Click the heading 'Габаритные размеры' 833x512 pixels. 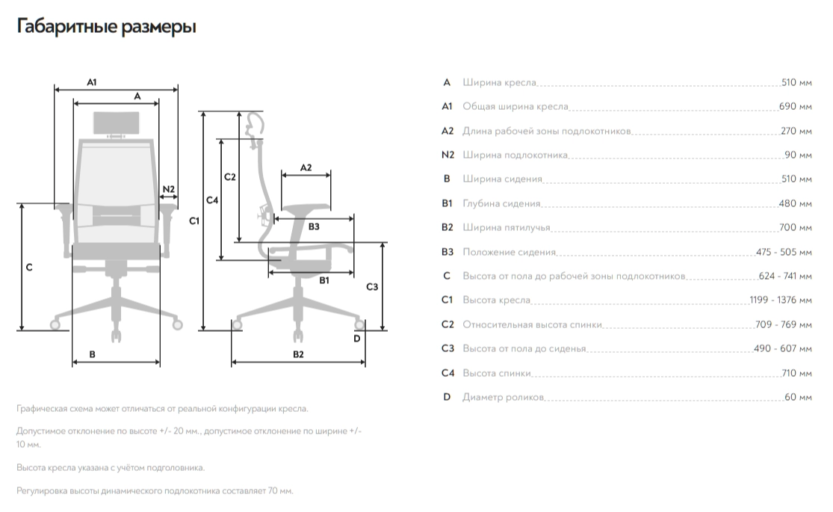106,28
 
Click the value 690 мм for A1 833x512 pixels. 794,107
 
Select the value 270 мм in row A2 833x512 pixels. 795,131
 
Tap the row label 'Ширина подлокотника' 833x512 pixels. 515,155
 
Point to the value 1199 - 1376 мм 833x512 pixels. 780,300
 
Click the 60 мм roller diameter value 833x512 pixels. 797,397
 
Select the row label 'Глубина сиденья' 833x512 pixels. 501,203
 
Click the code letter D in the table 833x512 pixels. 447,397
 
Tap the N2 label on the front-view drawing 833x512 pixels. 168,188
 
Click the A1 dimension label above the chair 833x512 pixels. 92,81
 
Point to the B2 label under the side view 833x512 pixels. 298,354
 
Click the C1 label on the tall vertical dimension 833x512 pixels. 194,220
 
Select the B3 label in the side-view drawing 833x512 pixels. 314,226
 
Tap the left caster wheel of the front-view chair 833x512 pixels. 55,324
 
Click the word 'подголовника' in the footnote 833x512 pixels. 180,467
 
